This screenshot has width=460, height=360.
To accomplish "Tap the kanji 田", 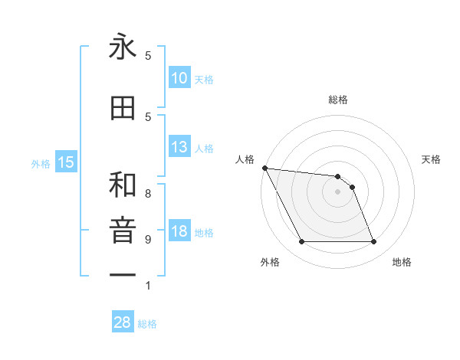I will (x=123, y=109).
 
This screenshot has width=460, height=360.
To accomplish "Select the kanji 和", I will (x=123, y=185).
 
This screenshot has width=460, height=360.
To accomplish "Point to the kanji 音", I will (x=123, y=230).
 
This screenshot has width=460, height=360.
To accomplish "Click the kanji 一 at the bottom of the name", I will (x=123, y=273).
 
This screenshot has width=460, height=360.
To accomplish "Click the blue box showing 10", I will (x=179, y=78).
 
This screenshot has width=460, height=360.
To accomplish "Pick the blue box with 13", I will (x=179, y=147).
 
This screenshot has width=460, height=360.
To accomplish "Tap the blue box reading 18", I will (x=179, y=231).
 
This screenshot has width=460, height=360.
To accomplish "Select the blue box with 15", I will (x=66, y=162).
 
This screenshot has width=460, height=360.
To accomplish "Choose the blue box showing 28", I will (x=123, y=322).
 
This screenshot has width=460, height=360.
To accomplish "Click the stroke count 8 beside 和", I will (x=148, y=194).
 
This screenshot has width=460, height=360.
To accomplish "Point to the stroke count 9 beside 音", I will (x=148, y=239).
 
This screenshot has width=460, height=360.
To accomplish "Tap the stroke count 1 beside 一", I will (x=148, y=286).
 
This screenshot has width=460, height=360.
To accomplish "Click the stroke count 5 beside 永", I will (x=148, y=56).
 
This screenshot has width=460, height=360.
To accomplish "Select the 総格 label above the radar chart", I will (x=337, y=100).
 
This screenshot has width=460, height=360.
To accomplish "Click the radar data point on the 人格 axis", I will (x=264, y=168).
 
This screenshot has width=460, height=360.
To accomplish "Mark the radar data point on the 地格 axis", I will (x=373, y=242).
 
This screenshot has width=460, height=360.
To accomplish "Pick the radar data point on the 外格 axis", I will (x=301, y=242).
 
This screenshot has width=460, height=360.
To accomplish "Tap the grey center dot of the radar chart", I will (x=337, y=191).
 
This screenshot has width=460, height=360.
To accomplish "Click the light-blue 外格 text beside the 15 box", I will (x=41, y=163).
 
